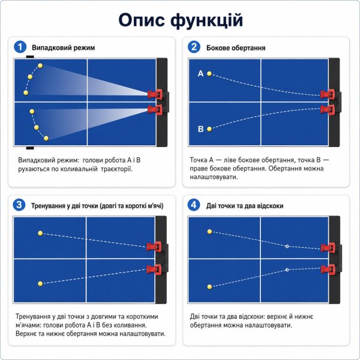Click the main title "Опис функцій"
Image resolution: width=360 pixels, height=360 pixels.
tap(181, 20)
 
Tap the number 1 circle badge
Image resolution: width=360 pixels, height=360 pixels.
tap(20, 47)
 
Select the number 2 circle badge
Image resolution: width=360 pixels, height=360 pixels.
tap(194, 47)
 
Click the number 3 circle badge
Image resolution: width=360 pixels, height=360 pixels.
tap(19, 205)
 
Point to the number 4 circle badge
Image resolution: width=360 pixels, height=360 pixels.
tap(194, 205)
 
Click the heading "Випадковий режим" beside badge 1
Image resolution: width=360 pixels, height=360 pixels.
tap(64, 48)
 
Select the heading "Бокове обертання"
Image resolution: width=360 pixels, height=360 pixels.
tap(236, 48)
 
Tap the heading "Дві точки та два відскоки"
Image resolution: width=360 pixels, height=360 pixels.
tap(245, 206)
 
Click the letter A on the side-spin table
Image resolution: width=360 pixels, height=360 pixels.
tap(200, 73)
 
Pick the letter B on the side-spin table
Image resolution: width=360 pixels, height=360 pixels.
tap(200, 129)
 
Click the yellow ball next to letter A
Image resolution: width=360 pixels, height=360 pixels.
tap(209, 74)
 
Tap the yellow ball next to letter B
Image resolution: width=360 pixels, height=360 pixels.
tap(209, 129)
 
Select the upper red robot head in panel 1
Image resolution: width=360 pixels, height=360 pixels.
tap(155, 94)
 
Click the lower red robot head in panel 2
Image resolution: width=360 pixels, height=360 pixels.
tap(328, 110)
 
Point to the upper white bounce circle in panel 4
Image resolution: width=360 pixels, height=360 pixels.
tap(287, 247)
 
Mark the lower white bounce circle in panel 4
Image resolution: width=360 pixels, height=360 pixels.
tap(287, 270)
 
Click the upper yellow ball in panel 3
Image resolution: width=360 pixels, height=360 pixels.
tap(40, 233)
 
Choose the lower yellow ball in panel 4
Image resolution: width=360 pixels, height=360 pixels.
tap(209, 287)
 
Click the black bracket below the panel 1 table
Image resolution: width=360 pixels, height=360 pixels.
tap(30, 148)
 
